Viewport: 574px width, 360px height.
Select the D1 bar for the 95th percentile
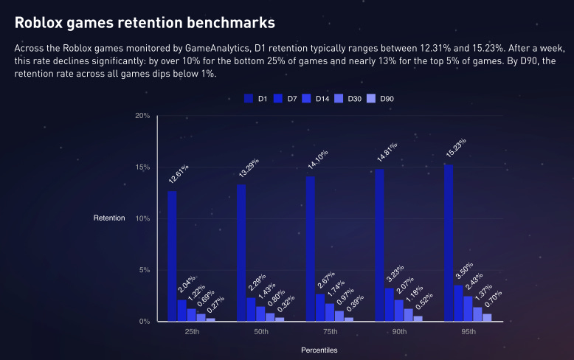449,243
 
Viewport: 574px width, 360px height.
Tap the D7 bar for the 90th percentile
389,305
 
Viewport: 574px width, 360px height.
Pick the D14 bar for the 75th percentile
329,312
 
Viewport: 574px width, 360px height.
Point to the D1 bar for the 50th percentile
241,252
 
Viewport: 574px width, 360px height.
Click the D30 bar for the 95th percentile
477,314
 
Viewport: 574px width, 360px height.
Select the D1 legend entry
255,99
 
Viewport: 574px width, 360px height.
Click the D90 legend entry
383,99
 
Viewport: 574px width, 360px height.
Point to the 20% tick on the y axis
143,116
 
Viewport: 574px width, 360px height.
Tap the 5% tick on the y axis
145,270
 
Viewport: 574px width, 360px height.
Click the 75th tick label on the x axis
330,332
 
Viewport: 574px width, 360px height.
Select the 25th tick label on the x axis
192,332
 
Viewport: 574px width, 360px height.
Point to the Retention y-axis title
109,218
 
